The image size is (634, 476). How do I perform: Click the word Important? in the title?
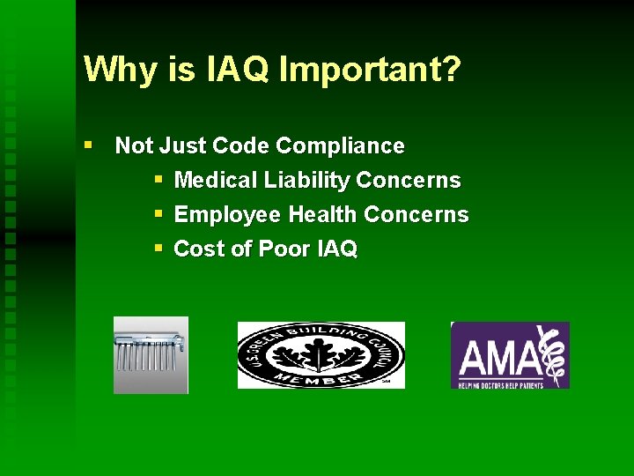pos(370,70)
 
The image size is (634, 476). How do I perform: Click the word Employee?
pos(228,215)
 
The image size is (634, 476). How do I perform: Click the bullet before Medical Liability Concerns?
pos(158,180)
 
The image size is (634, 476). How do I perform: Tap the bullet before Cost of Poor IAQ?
pos(158,249)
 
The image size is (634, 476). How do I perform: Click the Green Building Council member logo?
pos(321,355)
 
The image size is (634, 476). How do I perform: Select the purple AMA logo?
pos(510,355)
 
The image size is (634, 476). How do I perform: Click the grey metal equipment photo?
pos(151,354)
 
